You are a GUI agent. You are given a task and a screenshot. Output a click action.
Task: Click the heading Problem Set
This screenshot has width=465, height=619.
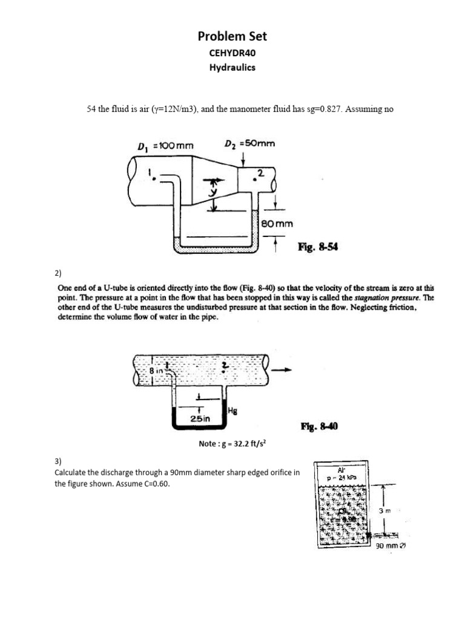pyautogui.click(x=232, y=36)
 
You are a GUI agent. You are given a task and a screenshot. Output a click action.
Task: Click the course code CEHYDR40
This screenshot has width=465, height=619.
pyautogui.click(x=232, y=53)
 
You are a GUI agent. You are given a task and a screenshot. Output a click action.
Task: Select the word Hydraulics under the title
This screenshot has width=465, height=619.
pyautogui.click(x=232, y=67)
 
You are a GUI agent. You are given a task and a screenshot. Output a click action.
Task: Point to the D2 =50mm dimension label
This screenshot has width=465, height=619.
pyautogui.click(x=249, y=144)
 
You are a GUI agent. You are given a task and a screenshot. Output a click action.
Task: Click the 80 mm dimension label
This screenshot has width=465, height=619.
pyautogui.click(x=277, y=224)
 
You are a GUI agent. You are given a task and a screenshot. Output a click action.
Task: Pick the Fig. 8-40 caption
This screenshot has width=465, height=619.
pyautogui.click(x=319, y=426)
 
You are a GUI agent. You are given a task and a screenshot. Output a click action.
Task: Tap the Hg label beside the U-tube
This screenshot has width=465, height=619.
pyautogui.click(x=232, y=410)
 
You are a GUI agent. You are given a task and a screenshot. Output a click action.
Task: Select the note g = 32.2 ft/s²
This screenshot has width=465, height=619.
pyautogui.click(x=232, y=444)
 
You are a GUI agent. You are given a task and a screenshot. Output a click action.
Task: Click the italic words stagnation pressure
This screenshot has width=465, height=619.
pyautogui.click(x=395, y=299)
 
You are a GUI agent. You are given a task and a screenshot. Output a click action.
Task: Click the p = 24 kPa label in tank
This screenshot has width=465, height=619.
pyautogui.click(x=343, y=476)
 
